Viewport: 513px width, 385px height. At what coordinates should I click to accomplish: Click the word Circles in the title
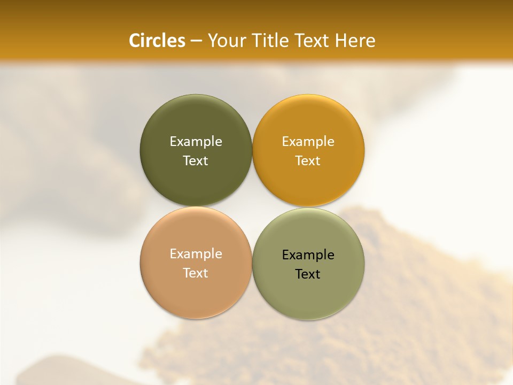coord(157,41)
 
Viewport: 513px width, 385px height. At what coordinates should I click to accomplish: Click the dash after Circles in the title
coord(196,41)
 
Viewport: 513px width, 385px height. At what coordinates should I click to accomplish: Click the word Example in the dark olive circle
coord(196,141)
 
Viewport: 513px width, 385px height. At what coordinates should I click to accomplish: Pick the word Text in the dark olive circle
coord(196,160)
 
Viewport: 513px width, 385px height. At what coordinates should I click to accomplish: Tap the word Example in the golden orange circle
coord(308,141)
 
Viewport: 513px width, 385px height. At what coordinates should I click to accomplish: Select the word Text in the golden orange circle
coord(308,160)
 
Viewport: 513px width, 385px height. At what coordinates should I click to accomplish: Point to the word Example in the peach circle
coord(196,253)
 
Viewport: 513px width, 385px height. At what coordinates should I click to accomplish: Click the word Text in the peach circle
coord(196,273)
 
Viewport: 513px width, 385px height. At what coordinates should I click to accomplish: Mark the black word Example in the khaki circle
coord(308,255)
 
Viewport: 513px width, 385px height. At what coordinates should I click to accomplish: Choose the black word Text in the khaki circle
coord(308,274)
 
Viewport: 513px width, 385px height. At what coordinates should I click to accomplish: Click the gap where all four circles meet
coord(252,207)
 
